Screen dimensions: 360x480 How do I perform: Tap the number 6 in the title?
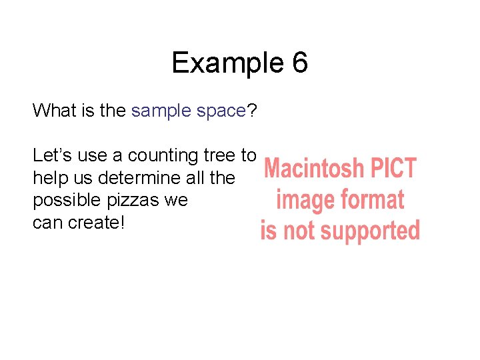(x=299, y=63)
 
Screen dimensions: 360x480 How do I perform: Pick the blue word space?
(x=221, y=111)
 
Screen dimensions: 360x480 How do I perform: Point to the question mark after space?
(x=252, y=111)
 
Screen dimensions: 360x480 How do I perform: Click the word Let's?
(x=51, y=155)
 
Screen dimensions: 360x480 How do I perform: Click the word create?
(x=95, y=223)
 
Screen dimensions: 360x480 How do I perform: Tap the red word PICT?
(x=393, y=169)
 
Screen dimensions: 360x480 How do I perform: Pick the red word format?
(x=371, y=200)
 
